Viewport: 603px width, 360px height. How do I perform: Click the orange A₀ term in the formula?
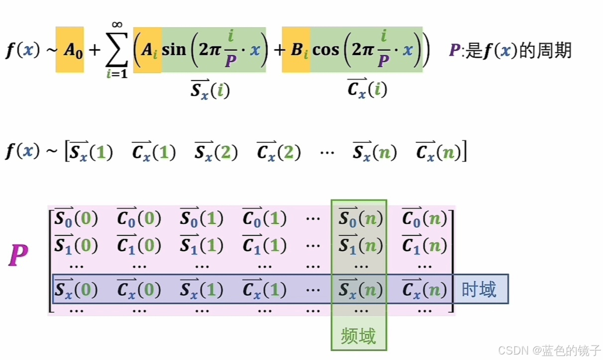coord(70,50)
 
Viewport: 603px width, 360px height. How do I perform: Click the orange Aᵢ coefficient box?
coord(147,50)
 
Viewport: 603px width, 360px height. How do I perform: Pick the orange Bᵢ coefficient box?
coord(296,50)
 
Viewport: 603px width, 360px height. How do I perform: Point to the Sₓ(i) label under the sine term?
coord(210,90)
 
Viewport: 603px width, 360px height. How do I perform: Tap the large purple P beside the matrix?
coord(18,256)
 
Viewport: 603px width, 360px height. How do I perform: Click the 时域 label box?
coord(479,289)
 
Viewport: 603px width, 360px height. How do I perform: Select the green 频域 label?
coord(358,336)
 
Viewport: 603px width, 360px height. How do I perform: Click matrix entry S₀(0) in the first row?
coord(76,218)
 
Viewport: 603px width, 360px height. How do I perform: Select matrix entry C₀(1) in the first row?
coord(264,218)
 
